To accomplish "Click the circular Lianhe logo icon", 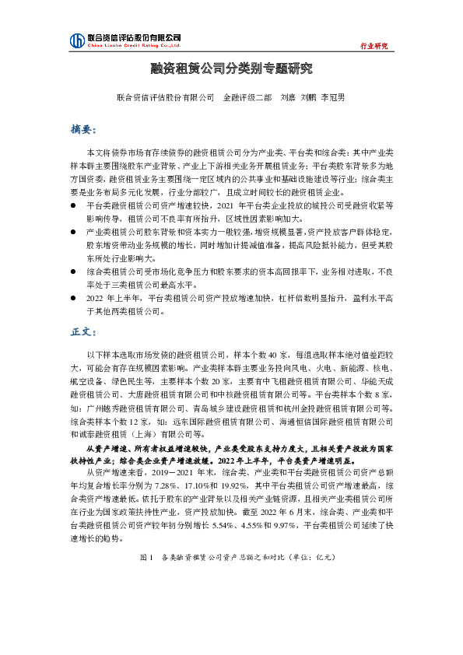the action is click(x=77, y=40).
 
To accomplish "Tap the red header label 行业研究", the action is click(x=374, y=47).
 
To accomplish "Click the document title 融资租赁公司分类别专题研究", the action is click(x=231, y=68).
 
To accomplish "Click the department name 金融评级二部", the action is click(x=247, y=98).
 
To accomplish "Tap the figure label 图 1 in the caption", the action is click(x=145, y=579).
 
